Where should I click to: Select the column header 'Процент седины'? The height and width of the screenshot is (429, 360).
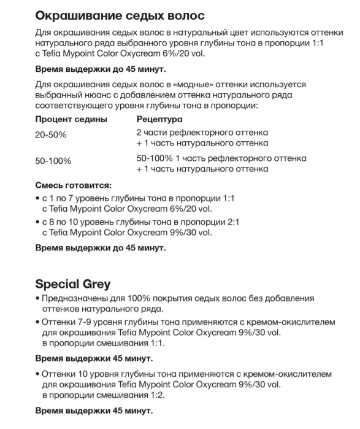(71, 118)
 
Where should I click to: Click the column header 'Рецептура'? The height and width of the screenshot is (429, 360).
(159, 118)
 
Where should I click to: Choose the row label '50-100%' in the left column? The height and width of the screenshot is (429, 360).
(53, 161)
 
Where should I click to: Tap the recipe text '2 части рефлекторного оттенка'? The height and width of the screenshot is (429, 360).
(202, 133)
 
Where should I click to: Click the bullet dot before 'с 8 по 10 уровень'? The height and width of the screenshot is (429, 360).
(37, 222)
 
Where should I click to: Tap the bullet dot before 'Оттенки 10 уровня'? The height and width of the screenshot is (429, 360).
(37, 373)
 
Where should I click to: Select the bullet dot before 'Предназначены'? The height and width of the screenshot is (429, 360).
(37, 298)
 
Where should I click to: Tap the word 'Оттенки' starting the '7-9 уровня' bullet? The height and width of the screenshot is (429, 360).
(61, 321)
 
